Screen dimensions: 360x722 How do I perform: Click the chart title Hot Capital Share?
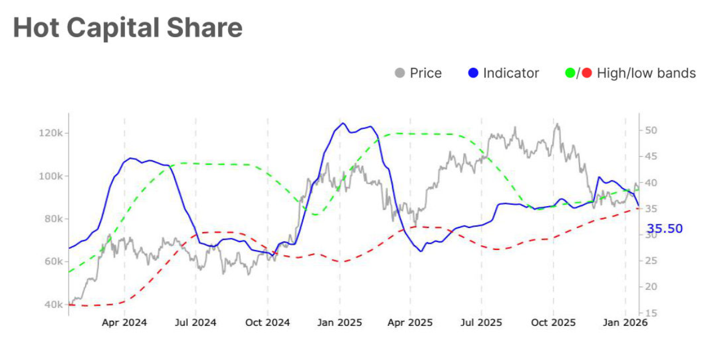127,28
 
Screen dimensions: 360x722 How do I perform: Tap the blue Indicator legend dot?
474,74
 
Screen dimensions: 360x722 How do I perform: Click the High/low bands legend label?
646,74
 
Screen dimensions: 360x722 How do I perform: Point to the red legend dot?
587,74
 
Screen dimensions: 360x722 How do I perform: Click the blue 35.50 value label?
664,229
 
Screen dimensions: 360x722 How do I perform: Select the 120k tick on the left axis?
50,133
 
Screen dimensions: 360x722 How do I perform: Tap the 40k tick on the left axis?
52,304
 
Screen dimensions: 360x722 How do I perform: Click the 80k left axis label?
52,219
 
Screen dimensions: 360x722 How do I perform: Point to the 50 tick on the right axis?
650,131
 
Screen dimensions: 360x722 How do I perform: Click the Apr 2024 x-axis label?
124,322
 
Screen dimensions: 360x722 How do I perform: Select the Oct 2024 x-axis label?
267,322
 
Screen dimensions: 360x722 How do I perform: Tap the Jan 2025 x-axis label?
339,322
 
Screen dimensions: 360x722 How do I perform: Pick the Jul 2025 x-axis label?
482,322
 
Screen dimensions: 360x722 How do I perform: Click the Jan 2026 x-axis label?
625,322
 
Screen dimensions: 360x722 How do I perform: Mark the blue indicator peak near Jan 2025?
343,123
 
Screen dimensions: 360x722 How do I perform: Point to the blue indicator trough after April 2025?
421,251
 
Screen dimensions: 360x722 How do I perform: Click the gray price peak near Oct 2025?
557,124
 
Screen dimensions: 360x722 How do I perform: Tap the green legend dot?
569,74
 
